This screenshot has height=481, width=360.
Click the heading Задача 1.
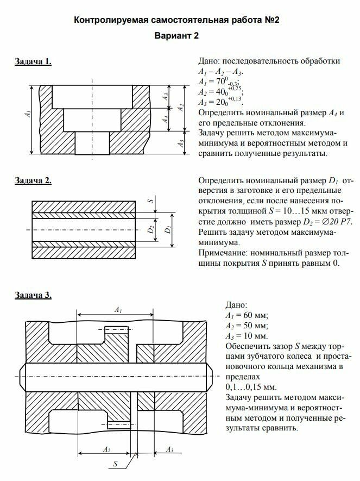[33, 61]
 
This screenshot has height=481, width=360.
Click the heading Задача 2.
[33, 180]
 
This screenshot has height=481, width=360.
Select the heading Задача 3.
[33, 295]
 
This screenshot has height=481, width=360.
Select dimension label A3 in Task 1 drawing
[167, 97]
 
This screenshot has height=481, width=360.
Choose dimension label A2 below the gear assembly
[107, 449]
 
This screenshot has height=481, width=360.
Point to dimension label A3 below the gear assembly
[169, 449]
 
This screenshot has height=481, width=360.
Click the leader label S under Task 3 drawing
[116, 464]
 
